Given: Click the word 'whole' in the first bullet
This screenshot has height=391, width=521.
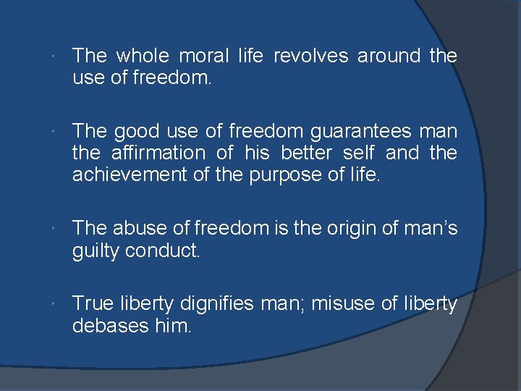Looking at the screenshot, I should (143, 55).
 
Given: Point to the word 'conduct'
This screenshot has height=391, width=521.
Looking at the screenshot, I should (169, 251).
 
